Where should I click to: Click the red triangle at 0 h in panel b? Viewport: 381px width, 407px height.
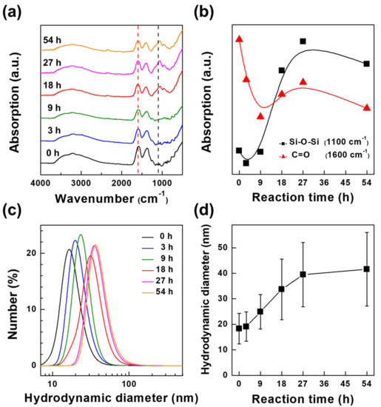tap(239, 38)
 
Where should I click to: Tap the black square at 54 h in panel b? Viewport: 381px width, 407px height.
tap(367, 64)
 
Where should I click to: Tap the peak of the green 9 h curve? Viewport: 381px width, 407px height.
tap(81, 235)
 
